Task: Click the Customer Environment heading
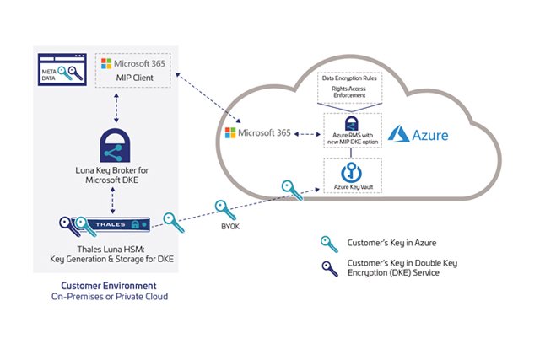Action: tap(91, 287)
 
